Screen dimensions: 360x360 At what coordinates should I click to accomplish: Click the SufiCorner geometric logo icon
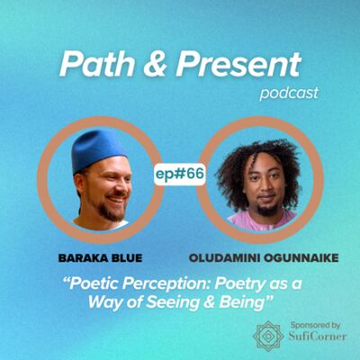(268, 336)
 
